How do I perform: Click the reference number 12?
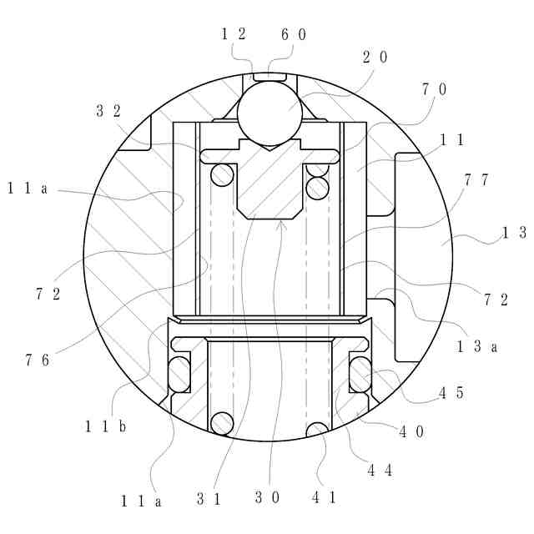[234, 34]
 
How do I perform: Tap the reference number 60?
[294, 34]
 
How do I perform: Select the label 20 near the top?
[375, 57]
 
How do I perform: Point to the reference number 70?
[434, 89]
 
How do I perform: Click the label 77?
[476, 180]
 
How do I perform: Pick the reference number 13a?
[476, 346]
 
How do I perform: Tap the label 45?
[451, 393]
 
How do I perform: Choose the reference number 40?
[411, 432]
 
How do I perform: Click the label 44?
[380, 471]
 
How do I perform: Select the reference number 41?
[325, 498]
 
